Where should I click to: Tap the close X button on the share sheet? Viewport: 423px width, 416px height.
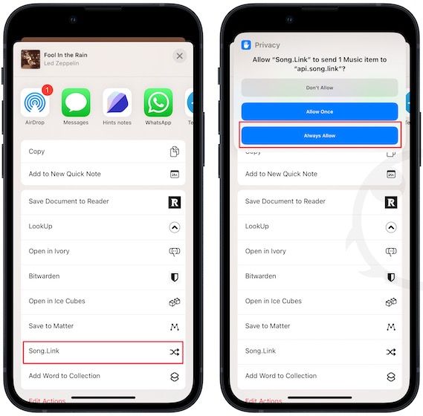(179, 56)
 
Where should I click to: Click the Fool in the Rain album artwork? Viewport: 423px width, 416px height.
(30, 58)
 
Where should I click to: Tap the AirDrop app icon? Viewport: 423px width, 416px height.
(34, 103)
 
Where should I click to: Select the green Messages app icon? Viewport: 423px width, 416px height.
(75, 103)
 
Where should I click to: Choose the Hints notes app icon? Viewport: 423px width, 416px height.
(117, 103)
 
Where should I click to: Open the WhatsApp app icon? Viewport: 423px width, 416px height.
(158, 103)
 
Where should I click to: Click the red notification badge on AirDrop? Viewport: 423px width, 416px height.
(47, 91)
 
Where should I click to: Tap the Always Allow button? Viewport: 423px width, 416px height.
(319, 135)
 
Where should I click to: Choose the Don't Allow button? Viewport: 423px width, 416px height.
(319, 88)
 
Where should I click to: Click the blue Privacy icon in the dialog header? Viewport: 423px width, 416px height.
(247, 45)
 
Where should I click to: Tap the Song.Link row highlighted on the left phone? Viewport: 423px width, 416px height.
(103, 351)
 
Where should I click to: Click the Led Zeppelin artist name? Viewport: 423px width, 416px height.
(60, 62)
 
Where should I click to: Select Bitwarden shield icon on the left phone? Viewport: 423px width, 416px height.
(175, 276)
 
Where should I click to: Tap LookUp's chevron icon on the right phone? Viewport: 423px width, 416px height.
(391, 227)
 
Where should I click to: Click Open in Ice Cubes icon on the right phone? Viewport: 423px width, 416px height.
(391, 302)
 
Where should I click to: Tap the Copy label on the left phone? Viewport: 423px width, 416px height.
(36, 152)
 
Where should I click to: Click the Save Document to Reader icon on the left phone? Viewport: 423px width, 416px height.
(175, 201)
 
